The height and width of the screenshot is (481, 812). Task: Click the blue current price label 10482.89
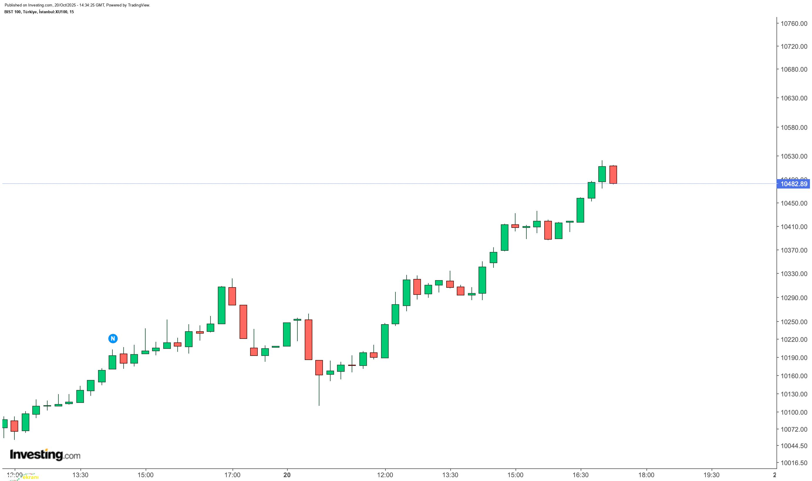[x=794, y=184]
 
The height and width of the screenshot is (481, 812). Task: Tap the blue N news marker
[x=113, y=339]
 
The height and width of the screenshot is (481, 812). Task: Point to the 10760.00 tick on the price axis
[x=794, y=24]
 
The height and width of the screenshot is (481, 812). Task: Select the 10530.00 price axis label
[x=794, y=156]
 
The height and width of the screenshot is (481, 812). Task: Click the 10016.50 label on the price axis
[x=794, y=463]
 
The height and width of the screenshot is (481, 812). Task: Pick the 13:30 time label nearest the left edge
[x=80, y=475]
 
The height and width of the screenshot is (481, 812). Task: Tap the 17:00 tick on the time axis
[x=232, y=475]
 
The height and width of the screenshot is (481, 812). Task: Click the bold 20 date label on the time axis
[x=287, y=475]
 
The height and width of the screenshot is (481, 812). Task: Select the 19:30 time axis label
[x=712, y=475]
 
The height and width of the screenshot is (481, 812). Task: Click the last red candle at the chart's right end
[x=613, y=175]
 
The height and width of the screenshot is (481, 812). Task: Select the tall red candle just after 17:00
[x=243, y=322]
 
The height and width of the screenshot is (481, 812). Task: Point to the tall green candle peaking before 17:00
[x=222, y=305]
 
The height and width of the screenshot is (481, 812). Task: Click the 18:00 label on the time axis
[x=646, y=475]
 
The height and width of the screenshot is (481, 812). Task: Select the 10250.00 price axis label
[x=794, y=322]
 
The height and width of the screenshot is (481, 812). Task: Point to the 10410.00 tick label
[x=794, y=227]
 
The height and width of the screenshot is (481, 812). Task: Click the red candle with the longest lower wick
[x=319, y=368]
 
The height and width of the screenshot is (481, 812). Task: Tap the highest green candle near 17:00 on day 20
[x=602, y=174]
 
